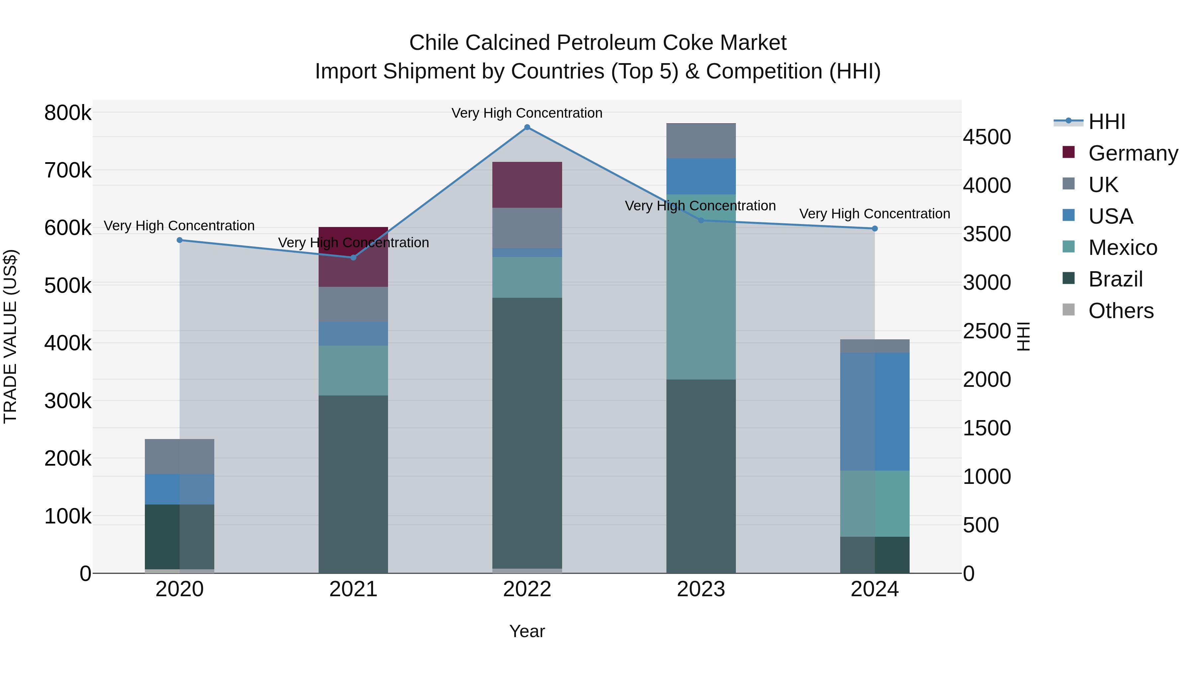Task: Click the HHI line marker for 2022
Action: click(527, 127)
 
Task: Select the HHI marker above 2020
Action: click(180, 240)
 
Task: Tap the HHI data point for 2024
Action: click(875, 229)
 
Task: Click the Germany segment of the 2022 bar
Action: click(527, 185)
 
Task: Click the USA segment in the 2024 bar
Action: click(875, 411)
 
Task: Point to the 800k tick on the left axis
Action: click(68, 113)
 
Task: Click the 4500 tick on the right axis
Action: click(987, 137)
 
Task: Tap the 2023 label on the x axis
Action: click(701, 589)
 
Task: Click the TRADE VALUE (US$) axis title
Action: click(10, 336)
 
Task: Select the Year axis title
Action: click(527, 631)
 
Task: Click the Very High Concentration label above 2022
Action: click(527, 113)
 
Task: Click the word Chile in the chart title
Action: click(434, 43)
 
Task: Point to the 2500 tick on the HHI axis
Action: click(987, 331)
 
